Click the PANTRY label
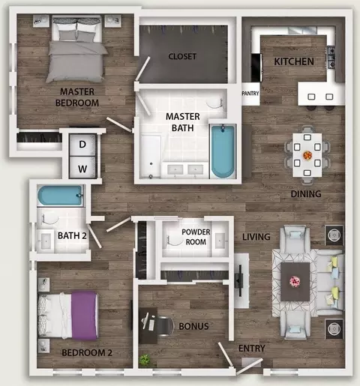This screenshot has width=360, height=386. pos(250,94)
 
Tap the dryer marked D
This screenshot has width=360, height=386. pos(82,145)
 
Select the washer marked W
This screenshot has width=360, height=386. pos(82,167)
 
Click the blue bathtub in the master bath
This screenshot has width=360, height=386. pos(223,151)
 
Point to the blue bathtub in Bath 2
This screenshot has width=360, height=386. pos(60,196)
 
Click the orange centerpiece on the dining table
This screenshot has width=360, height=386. pos(307,155)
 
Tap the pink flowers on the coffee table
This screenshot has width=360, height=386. pos(295,282)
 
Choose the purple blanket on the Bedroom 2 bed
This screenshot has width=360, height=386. pos(84,316)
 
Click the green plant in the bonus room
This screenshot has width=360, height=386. pos(145,360)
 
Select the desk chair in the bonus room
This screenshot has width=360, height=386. pos(164,326)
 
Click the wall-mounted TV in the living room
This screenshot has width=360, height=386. pos(239,280)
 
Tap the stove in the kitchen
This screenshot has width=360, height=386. pos(331,57)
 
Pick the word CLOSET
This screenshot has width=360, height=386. pos(182,56)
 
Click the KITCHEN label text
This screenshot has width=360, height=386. pos(294,61)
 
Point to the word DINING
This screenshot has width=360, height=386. pos(306,194)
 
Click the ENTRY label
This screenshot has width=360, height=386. pos(252,349)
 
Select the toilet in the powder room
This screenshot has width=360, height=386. pos(174,239)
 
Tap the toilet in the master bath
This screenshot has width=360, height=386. pos(214,103)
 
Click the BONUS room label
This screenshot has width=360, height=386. pos(193,326)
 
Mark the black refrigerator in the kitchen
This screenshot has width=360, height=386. pos(256,67)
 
